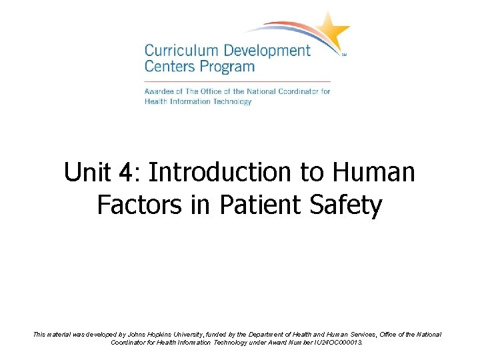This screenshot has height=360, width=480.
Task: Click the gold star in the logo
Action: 331,31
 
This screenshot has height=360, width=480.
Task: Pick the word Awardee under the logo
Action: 160,91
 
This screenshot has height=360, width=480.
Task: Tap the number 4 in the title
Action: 124,173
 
